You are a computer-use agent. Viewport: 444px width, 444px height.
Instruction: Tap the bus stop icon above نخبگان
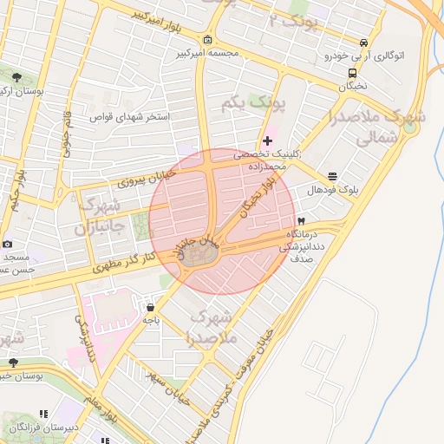(352, 74)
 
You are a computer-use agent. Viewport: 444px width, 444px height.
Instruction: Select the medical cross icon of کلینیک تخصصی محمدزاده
(267, 140)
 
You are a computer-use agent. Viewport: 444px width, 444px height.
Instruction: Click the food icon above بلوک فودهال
(332, 176)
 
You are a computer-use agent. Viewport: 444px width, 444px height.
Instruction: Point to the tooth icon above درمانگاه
(301, 221)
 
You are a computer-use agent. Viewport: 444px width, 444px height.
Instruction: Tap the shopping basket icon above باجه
(151, 307)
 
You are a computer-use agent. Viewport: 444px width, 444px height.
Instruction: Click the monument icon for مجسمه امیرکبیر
(207, 40)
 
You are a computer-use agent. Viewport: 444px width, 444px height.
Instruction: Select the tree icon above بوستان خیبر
(13, 362)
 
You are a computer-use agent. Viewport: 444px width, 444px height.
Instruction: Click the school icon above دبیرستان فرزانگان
(45, 414)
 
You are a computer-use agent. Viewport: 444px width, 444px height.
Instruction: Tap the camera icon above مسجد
(8, 245)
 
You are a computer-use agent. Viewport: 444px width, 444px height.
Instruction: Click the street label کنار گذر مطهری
(126, 265)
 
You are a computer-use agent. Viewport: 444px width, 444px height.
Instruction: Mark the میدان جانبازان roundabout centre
(202, 254)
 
